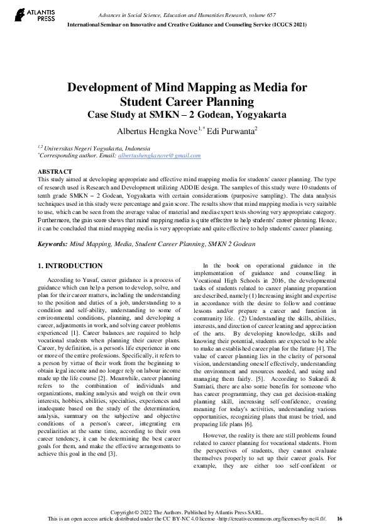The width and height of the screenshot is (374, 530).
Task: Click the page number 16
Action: (x=340, y=519)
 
